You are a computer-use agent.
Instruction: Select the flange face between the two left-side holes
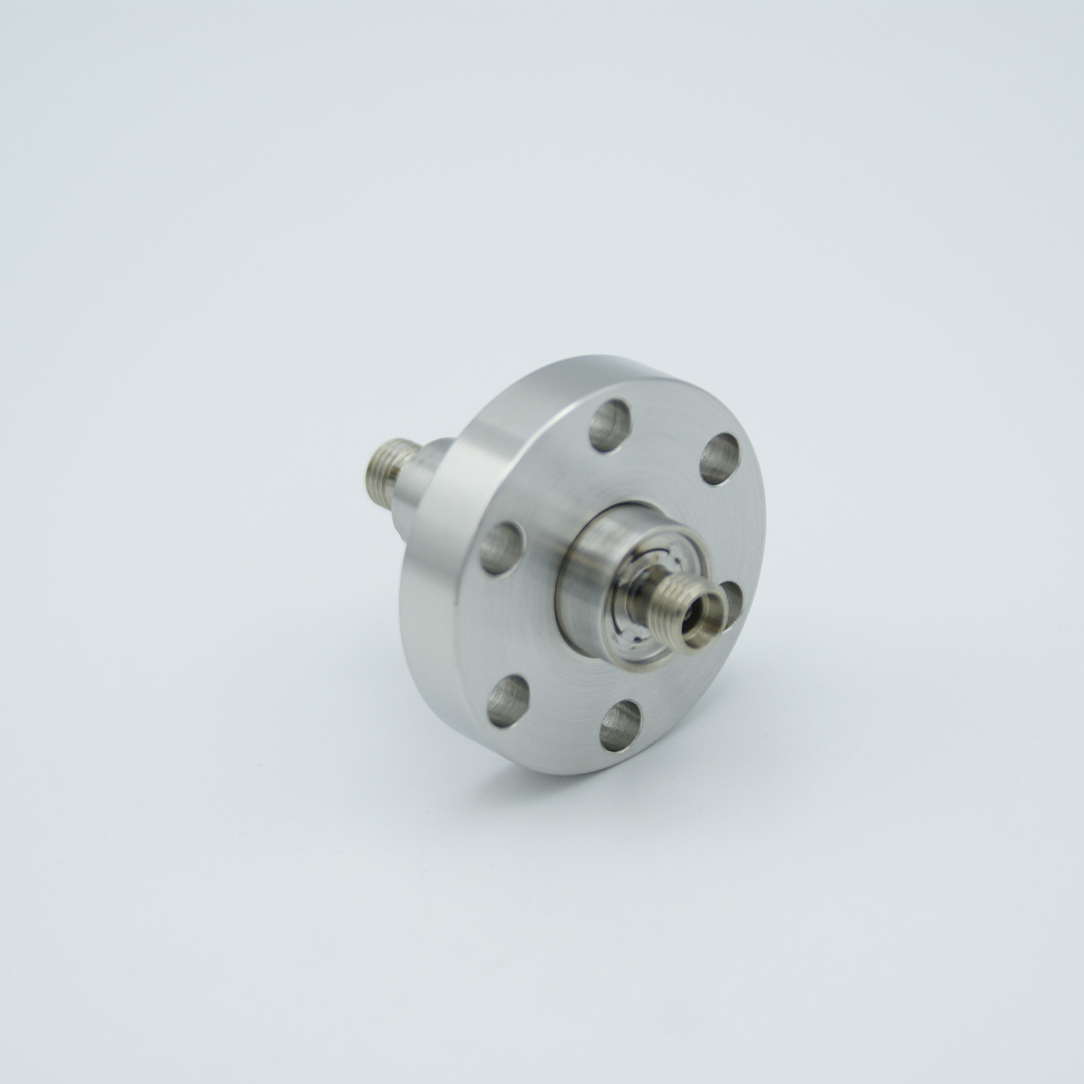point(499,621)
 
